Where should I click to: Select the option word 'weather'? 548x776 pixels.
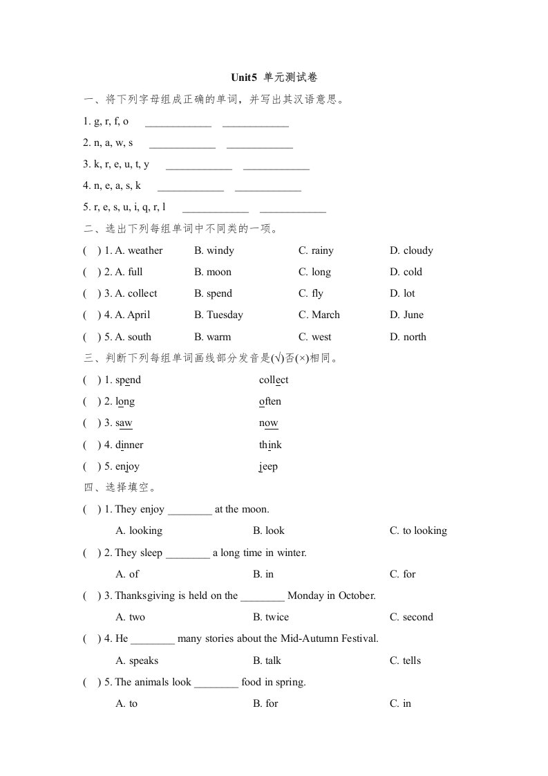[x=145, y=250]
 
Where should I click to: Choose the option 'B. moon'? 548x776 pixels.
[x=213, y=272]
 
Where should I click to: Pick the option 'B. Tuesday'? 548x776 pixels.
[x=218, y=315]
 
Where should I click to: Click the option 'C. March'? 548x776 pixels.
[x=319, y=315]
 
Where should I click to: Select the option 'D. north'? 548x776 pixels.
[x=408, y=337]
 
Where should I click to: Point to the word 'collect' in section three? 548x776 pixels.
[x=274, y=380]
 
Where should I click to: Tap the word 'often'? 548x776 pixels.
[x=270, y=401]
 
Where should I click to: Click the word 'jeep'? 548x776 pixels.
[x=268, y=466]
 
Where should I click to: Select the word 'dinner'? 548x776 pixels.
[x=129, y=445]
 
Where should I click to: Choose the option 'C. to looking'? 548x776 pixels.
[x=418, y=530]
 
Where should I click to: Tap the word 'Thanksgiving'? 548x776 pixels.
[x=146, y=595]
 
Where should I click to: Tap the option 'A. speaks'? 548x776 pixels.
[x=137, y=660]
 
